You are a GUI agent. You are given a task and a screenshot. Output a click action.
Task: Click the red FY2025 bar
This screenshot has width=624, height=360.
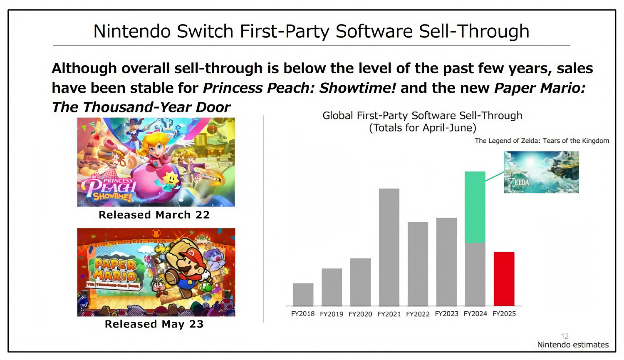coord(504,279)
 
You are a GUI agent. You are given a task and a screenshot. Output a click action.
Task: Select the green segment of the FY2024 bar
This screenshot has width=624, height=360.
coord(475,207)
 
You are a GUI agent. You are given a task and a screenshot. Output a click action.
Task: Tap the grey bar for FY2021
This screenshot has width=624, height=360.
coord(389,247)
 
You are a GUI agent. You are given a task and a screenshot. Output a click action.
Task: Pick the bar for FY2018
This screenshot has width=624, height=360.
coord(303,294)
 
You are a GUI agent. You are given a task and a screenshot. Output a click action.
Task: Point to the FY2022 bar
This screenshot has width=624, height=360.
coord(418,264)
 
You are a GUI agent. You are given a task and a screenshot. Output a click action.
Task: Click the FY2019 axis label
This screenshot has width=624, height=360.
coord(332,314)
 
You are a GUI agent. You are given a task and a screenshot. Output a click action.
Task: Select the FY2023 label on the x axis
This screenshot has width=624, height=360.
coord(446,314)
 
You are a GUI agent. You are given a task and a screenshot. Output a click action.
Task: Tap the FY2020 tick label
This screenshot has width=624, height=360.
coord(360,314)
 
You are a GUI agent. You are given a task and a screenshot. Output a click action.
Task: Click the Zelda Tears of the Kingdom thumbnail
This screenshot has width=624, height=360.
coord(541,172)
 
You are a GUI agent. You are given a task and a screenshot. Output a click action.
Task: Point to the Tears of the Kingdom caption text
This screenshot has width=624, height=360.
coord(542,141)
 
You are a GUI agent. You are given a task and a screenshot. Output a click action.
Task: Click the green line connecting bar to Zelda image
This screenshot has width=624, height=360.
coord(495,176)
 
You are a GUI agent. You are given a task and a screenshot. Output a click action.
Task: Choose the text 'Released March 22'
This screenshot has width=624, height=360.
coord(154,215)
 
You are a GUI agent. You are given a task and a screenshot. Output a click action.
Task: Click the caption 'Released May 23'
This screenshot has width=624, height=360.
coord(154,324)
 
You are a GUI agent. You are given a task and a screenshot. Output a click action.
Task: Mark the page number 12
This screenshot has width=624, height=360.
coord(565,336)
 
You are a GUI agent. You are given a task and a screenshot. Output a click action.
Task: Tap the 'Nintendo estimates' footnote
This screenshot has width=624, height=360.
coord(572,345)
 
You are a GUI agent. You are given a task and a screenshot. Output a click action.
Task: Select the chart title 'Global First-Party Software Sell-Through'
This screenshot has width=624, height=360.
coord(422,116)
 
